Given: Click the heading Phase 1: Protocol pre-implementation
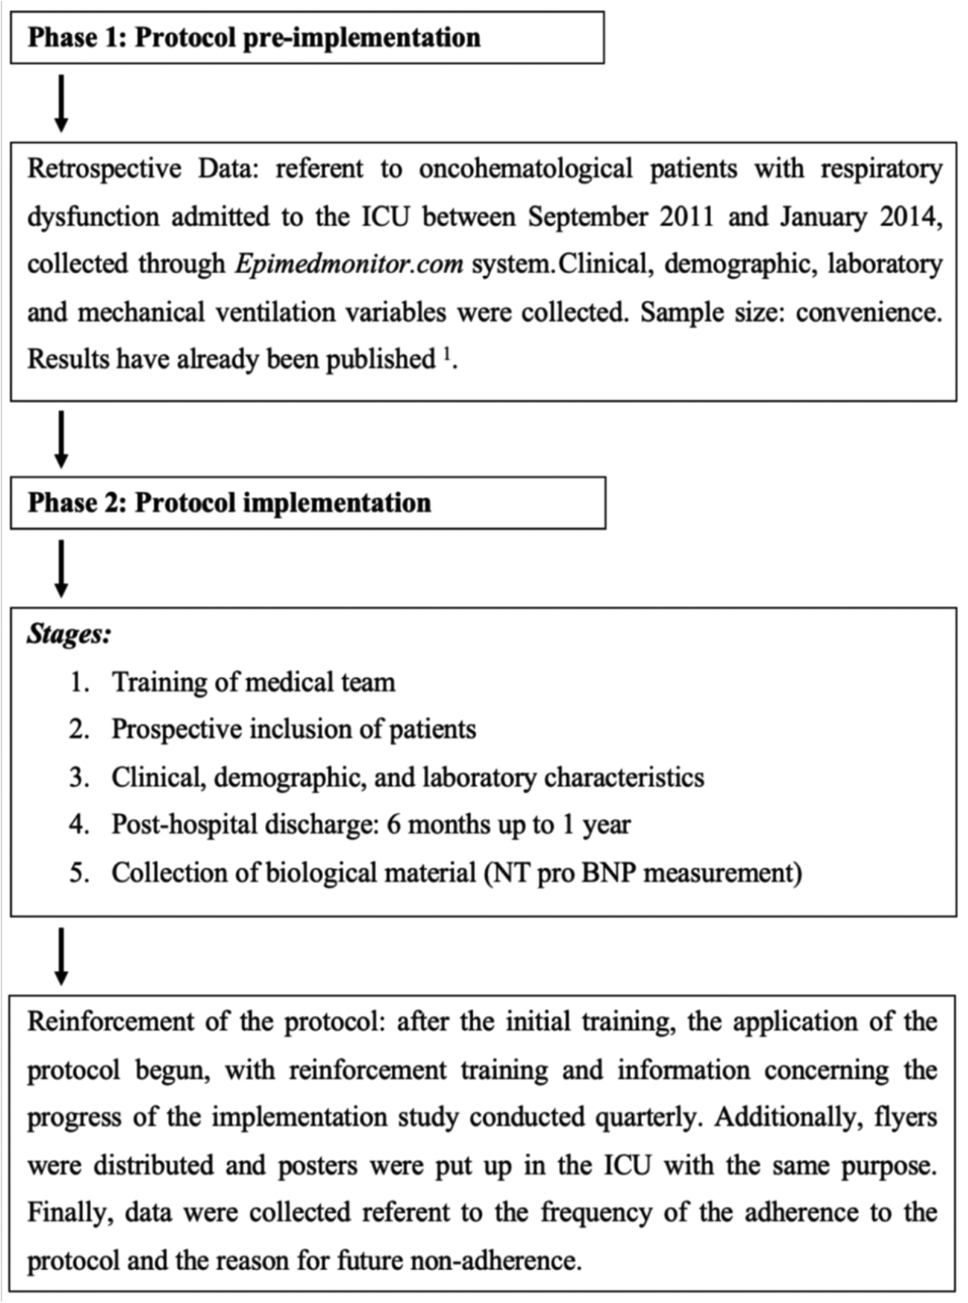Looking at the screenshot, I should [254, 38].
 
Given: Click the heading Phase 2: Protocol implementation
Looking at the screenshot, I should [230, 503].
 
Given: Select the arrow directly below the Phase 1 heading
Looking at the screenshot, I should [61, 103].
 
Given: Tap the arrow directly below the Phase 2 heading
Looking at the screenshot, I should [61, 568].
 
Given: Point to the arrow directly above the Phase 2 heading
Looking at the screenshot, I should [61, 440].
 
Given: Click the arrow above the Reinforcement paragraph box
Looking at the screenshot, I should [61, 956].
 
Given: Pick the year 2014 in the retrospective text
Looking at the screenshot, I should [909, 216].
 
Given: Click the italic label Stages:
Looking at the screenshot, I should [69, 634].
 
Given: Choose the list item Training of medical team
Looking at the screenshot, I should [253, 682].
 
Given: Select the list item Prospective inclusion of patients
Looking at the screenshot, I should [293, 730].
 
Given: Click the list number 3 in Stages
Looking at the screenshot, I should [79, 777].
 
